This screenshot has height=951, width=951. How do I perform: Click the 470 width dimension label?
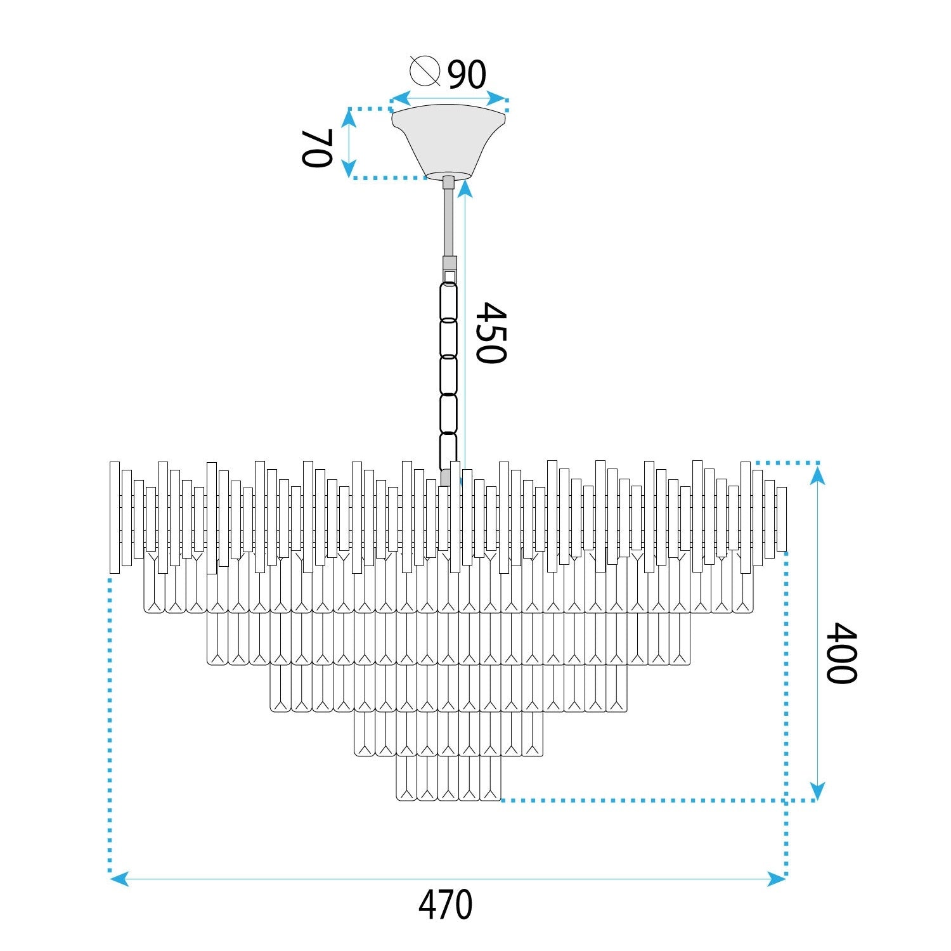pos(446,905)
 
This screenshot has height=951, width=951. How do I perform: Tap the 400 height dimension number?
pos(842,653)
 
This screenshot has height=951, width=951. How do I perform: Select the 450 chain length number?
pos(491,333)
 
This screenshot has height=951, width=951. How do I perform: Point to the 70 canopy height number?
pos(317,148)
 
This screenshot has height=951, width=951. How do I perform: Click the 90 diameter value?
pos(467,75)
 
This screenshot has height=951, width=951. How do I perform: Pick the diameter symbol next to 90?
pos(425,71)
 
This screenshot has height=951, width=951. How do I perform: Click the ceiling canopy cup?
pos(448,141)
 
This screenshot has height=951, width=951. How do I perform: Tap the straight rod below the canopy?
pos(449,222)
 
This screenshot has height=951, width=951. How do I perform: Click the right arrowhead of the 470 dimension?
pos(777,879)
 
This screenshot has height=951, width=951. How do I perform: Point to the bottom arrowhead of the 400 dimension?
pos(817,791)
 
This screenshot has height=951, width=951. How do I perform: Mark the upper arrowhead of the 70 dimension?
pos(349,118)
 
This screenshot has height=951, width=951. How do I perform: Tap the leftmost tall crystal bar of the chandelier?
pos(115,517)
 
